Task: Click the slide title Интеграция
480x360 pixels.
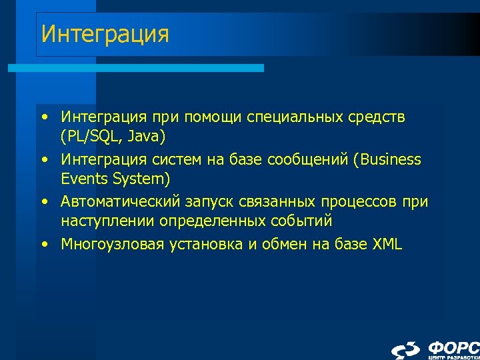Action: pyautogui.click(x=105, y=34)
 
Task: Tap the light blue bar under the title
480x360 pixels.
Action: pyautogui.click(x=136, y=68)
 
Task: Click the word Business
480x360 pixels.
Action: pyautogui.click(x=390, y=159)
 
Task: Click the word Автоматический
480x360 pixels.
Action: pyautogui.click(x=119, y=201)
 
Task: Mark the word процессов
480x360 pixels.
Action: pyautogui.click(x=357, y=201)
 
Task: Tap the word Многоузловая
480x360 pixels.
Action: pyautogui.click(x=109, y=243)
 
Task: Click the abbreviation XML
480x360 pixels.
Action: pyautogui.click(x=387, y=243)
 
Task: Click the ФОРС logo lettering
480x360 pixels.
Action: pyautogui.click(x=453, y=347)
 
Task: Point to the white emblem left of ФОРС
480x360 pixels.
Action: pyautogui.click(x=406, y=350)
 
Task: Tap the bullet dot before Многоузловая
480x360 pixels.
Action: pyautogui.click(x=44, y=244)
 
